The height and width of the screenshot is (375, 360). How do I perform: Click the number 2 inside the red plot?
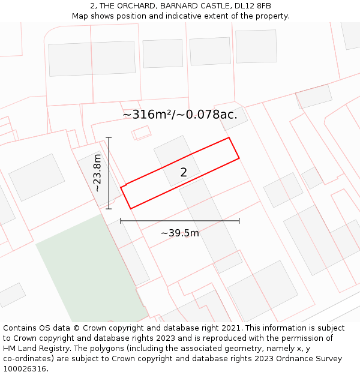point(184,173)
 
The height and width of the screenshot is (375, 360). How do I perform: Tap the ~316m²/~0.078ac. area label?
point(180,115)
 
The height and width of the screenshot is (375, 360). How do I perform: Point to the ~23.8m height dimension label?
point(98,173)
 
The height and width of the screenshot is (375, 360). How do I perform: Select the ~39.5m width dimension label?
point(180,233)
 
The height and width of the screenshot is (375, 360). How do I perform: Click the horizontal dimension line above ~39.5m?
point(180,221)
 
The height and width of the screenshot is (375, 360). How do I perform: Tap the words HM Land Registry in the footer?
point(37,348)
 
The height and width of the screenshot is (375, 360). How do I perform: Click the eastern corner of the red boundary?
point(239,158)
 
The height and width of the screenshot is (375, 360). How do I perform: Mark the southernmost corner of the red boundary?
point(130,209)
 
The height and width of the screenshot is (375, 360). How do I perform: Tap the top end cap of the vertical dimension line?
point(109,137)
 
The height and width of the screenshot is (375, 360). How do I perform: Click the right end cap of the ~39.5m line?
point(239,221)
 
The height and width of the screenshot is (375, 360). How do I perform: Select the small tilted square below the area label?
point(142,133)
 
